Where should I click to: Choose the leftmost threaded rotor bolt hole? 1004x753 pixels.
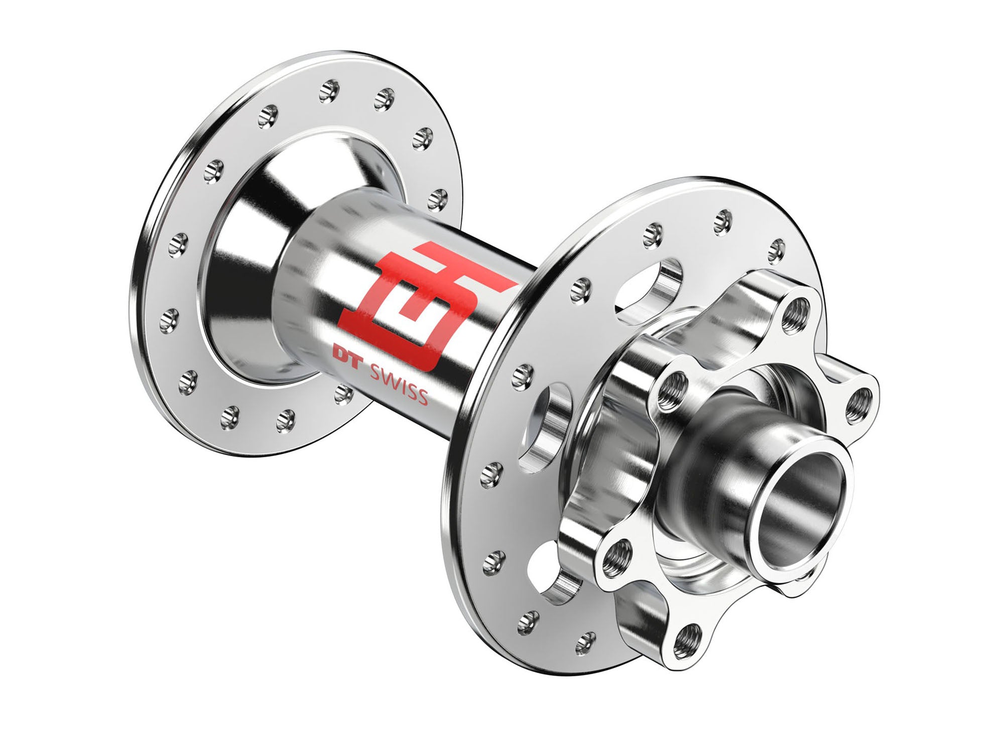point(611,557)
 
